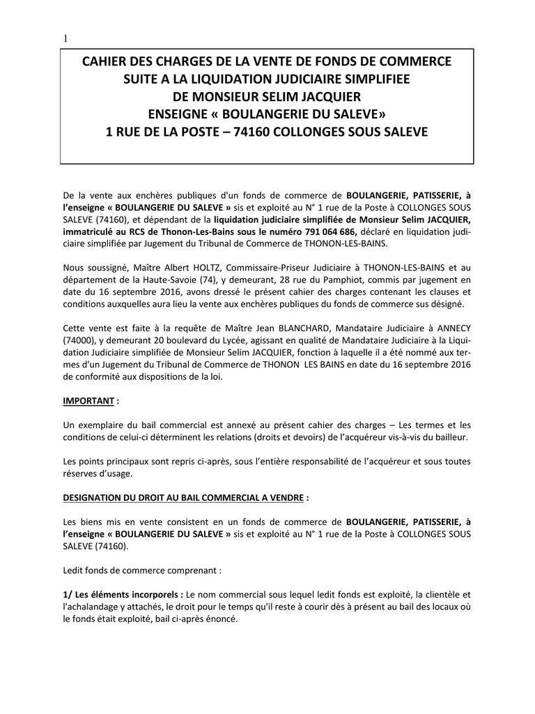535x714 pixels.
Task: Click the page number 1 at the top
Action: point(65,39)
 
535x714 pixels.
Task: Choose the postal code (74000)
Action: point(79,340)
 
